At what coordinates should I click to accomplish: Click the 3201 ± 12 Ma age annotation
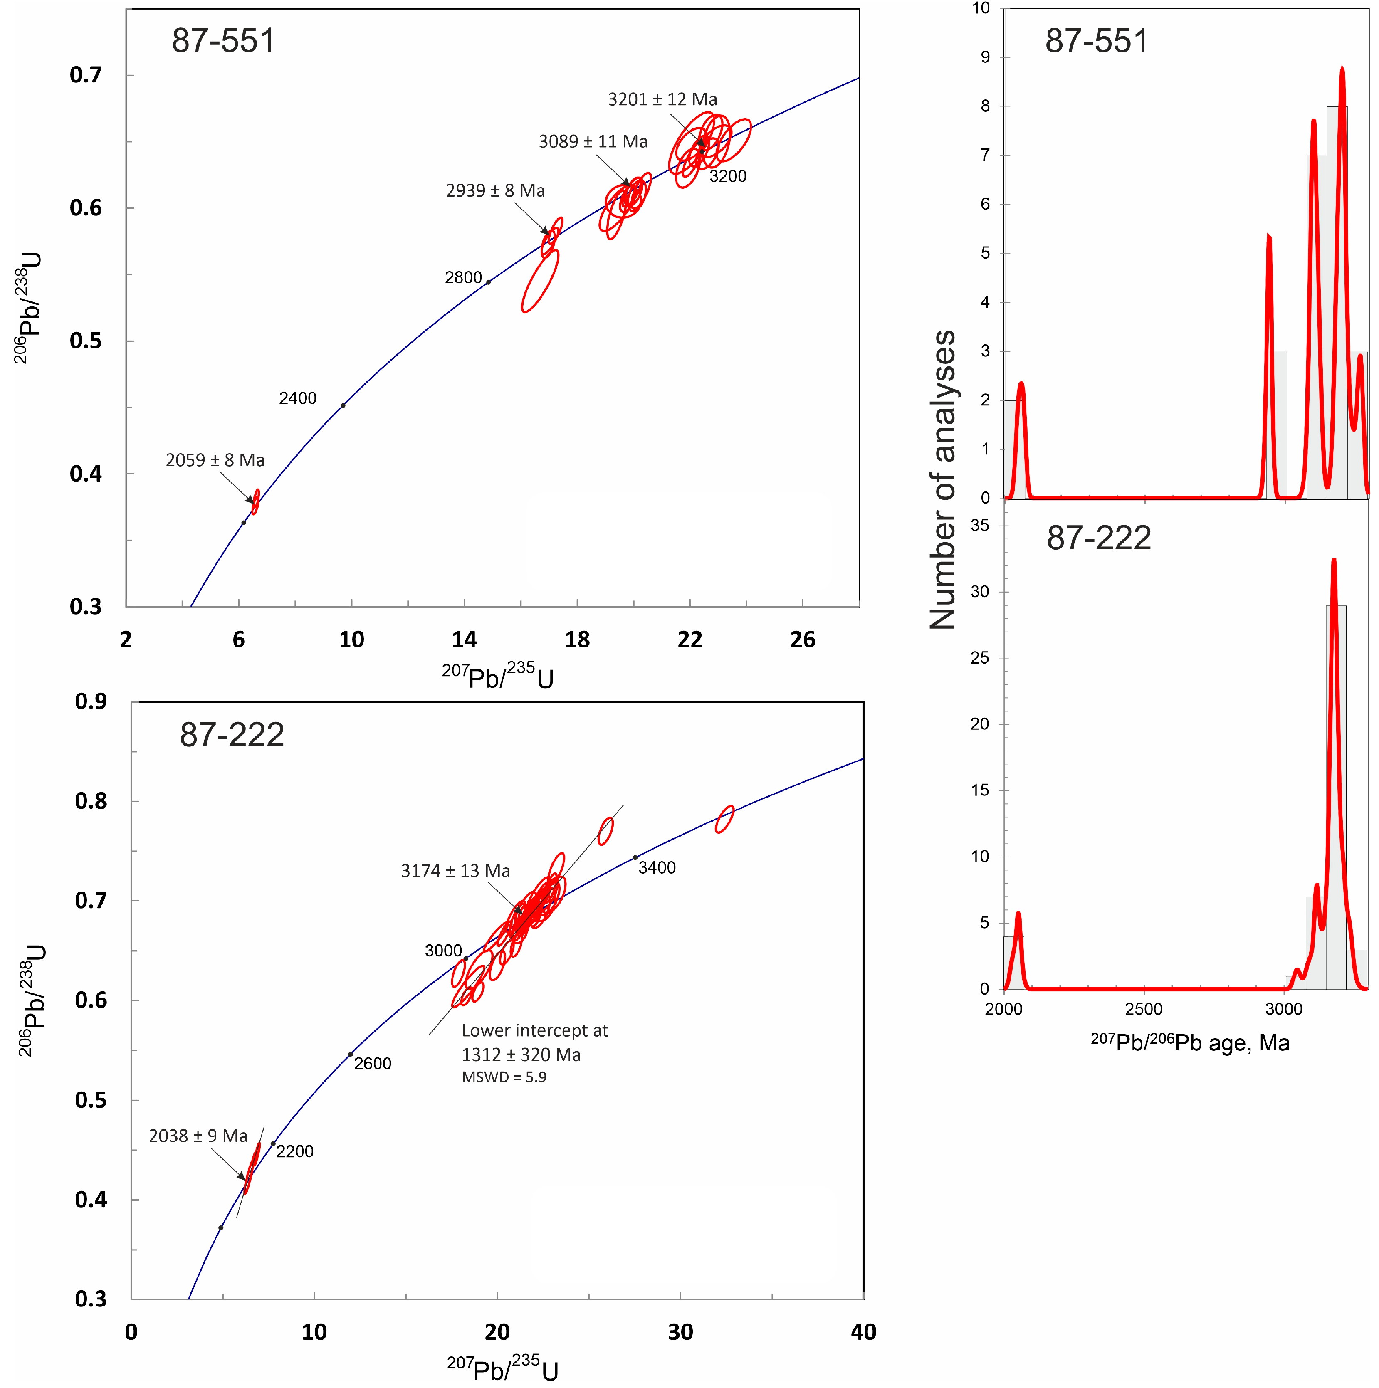click(x=662, y=99)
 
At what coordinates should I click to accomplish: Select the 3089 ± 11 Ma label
click(x=593, y=141)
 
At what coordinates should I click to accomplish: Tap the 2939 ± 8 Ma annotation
click(x=495, y=190)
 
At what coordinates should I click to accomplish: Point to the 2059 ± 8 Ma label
click(x=215, y=460)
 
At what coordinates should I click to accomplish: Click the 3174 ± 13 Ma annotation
click(x=455, y=871)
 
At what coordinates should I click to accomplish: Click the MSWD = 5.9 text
click(x=504, y=1077)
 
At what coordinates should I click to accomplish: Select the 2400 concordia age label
click(x=297, y=398)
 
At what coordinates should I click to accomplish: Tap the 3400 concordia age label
click(x=657, y=868)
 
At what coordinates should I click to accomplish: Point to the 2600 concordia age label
click(x=372, y=1063)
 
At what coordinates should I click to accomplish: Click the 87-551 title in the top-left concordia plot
click(x=223, y=41)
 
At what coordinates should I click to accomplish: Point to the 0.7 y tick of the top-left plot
click(x=86, y=75)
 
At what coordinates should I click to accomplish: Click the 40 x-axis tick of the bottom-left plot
click(x=863, y=1333)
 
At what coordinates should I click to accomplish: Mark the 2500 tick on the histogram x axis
click(x=1143, y=1009)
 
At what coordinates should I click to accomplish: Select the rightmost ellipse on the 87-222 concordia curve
click(x=724, y=819)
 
